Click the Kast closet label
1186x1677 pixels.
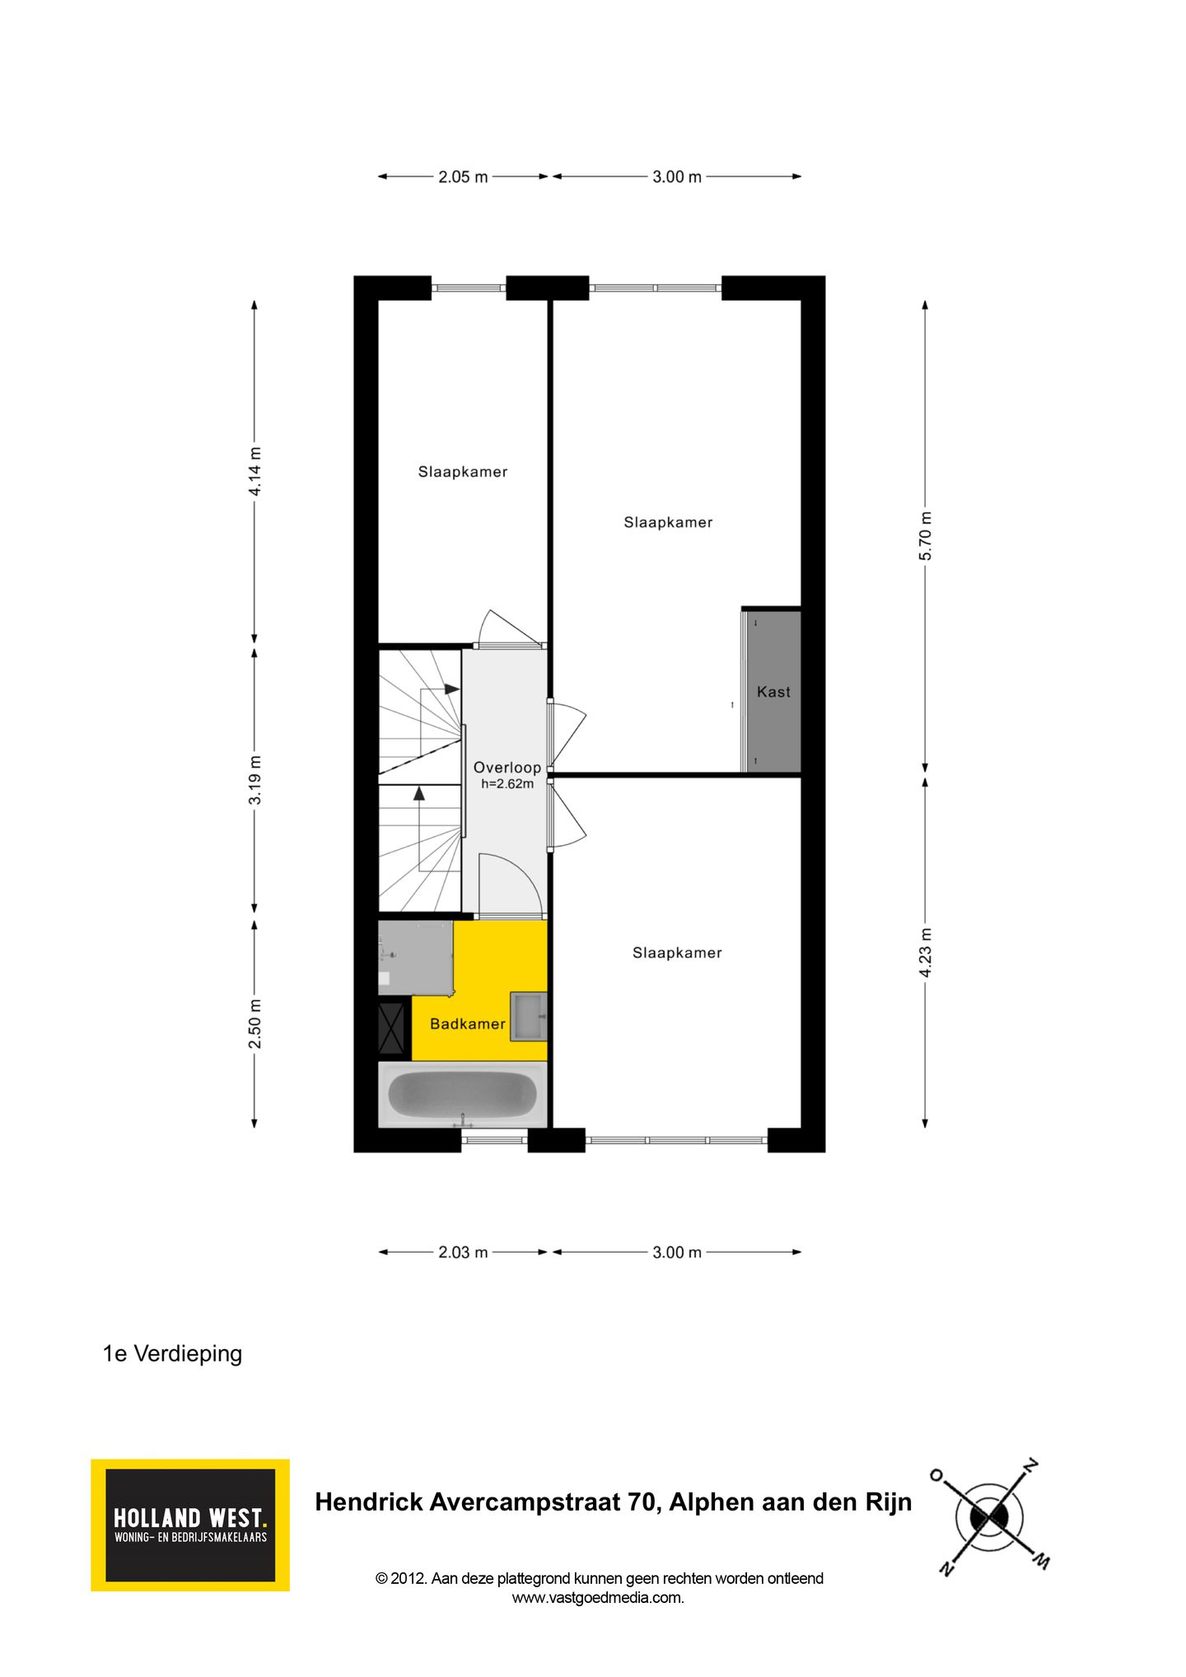(773, 692)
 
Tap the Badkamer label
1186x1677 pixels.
(467, 1024)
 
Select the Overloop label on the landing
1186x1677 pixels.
(507, 767)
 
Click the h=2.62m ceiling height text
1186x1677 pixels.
(507, 784)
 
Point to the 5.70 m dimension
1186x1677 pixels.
(926, 535)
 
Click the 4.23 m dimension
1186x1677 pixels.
(926, 952)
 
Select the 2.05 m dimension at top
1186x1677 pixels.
(462, 176)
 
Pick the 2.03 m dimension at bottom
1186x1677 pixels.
(462, 1252)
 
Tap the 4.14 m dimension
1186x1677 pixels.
(255, 471)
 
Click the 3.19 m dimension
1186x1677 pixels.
(255, 779)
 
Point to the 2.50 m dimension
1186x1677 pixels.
(255, 1024)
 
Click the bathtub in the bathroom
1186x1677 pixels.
(462, 1094)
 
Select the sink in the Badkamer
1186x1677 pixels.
(528, 1016)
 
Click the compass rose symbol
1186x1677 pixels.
(990, 1516)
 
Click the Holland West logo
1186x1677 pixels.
(190, 1525)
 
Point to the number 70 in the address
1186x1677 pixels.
(640, 1502)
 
